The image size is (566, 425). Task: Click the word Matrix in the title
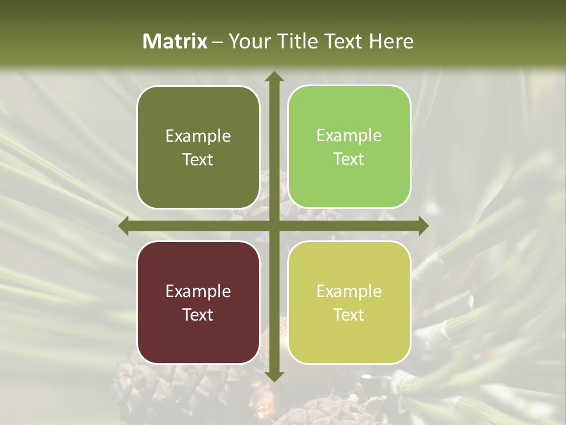click(175, 41)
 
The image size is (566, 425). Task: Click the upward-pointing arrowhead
click(274, 76)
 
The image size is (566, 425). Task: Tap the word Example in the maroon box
click(198, 291)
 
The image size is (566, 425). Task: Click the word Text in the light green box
click(349, 159)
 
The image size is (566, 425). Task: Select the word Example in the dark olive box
click(198, 136)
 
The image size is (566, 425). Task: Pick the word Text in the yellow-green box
click(349, 315)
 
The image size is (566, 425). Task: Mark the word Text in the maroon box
click(198, 315)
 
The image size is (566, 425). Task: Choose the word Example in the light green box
click(349, 136)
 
